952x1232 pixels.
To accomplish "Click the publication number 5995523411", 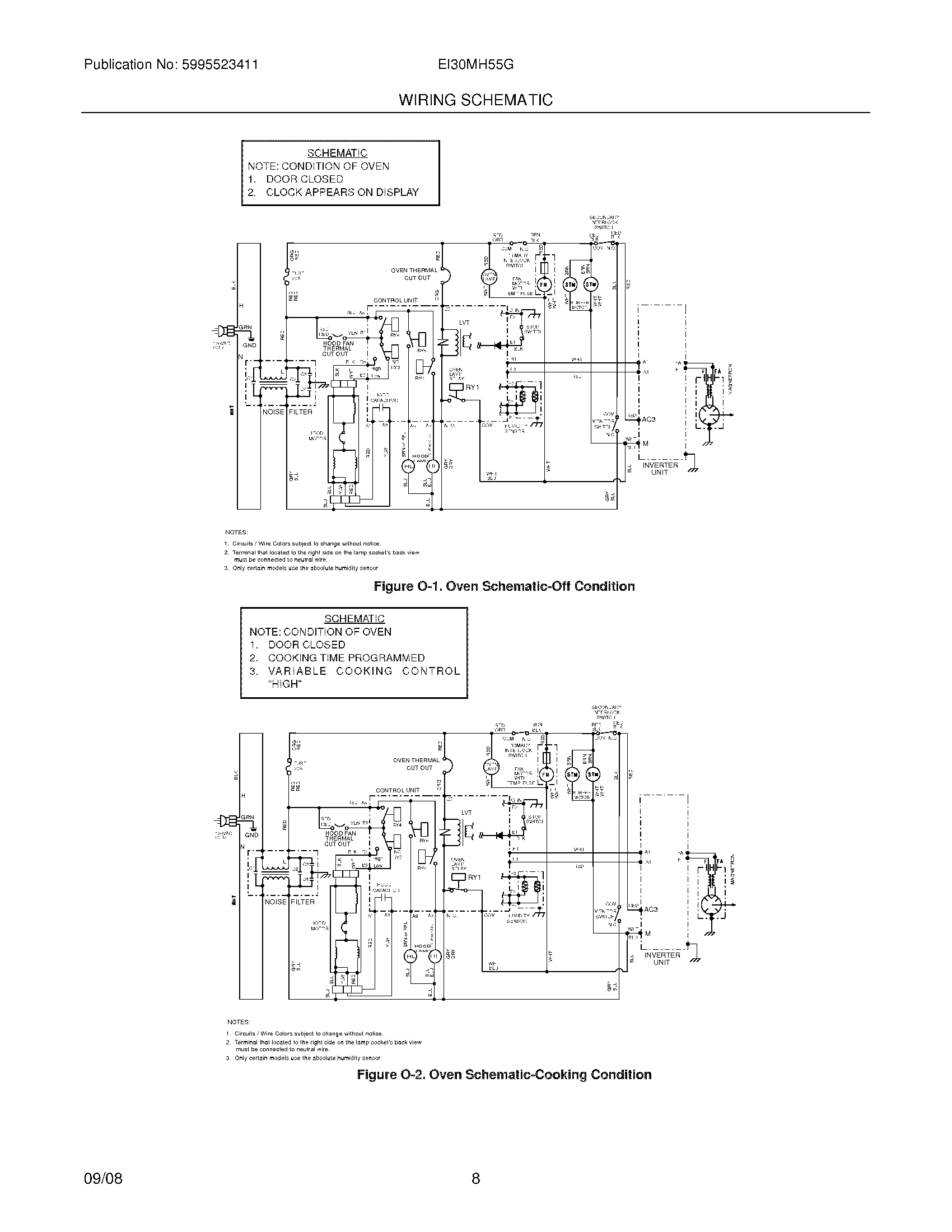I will (x=220, y=64).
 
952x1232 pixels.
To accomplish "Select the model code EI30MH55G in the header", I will (x=475, y=64).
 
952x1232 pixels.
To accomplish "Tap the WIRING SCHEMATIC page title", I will (x=475, y=100).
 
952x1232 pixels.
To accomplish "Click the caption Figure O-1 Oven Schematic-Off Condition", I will (x=504, y=586).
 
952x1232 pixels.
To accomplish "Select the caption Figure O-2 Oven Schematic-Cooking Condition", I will (x=504, y=1075).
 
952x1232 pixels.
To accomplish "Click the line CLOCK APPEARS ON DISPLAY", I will (x=342, y=192).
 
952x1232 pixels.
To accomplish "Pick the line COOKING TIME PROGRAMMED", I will (x=346, y=658).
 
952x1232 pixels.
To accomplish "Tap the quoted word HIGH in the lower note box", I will (x=286, y=684).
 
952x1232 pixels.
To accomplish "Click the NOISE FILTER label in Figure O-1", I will (x=287, y=412).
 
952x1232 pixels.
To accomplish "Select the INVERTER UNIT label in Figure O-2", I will (x=662, y=958).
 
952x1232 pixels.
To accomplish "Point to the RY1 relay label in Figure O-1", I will (x=472, y=388).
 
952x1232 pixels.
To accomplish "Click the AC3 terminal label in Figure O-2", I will (x=651, y=909).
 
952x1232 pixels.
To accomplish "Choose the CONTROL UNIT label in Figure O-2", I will (x=398, y=790).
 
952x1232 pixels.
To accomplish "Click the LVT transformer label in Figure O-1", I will (x=464, y=323).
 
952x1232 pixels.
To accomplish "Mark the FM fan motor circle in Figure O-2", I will (x=546, y=775).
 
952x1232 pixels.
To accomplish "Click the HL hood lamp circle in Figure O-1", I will (x=408, y=466).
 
